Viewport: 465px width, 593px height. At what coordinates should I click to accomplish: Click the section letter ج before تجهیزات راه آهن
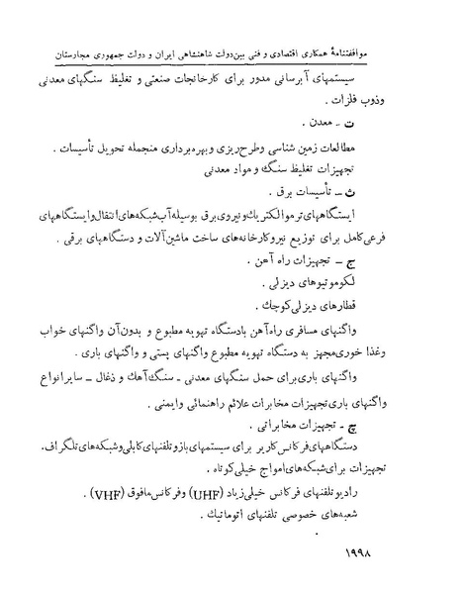(391, 258)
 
